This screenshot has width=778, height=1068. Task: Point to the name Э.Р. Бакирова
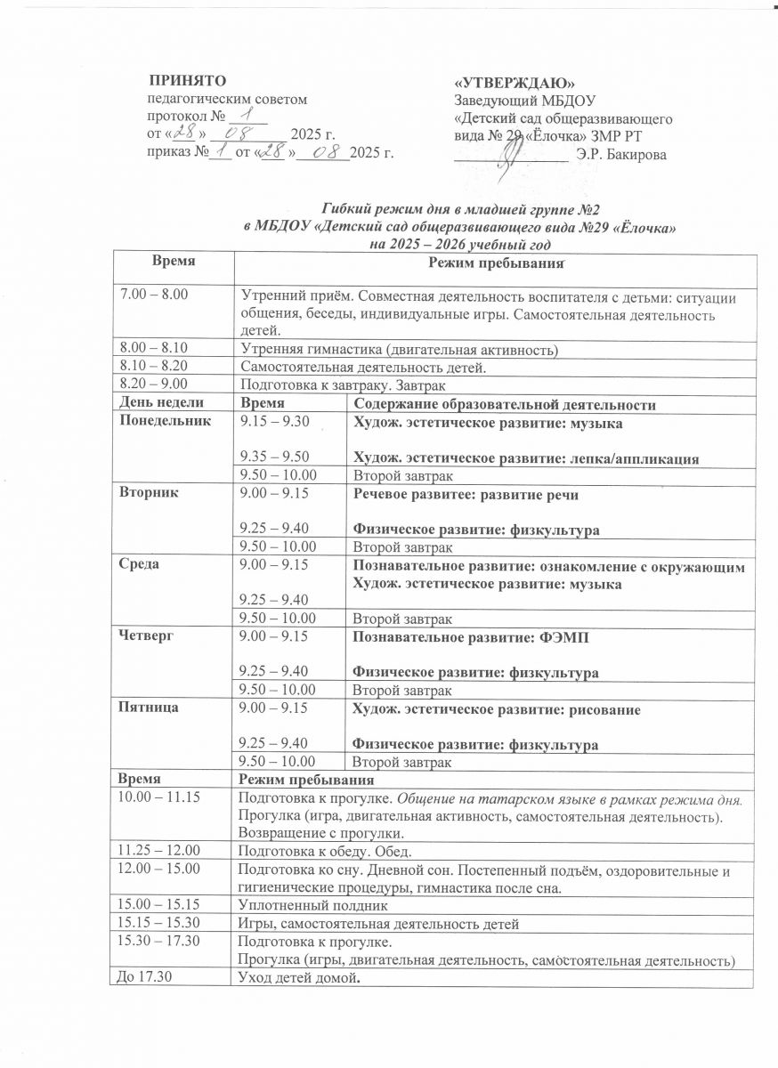click(x=620, y=156)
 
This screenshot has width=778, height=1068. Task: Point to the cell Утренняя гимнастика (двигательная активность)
click(x=400, y=351)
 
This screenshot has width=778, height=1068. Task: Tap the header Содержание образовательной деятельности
click(x=505, y=404)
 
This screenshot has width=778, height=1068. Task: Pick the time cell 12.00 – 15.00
click(x=147, y=870)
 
